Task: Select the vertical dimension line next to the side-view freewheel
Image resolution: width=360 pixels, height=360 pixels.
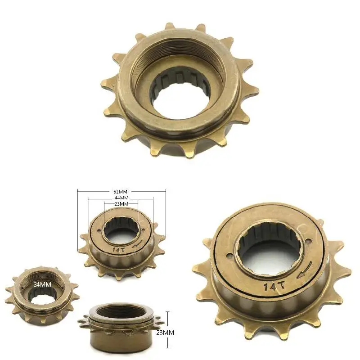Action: coord(167,329)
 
